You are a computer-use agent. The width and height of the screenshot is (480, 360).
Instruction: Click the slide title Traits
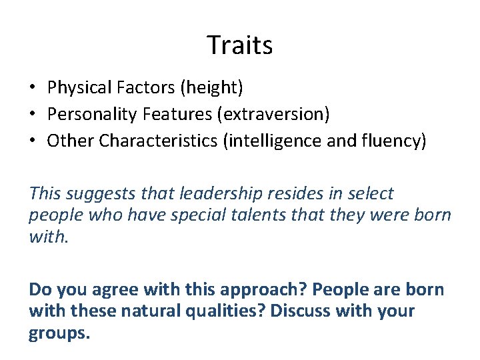click(x=239, y=45)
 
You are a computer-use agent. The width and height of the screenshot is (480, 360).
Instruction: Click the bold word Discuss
click(x=306, y=311)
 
